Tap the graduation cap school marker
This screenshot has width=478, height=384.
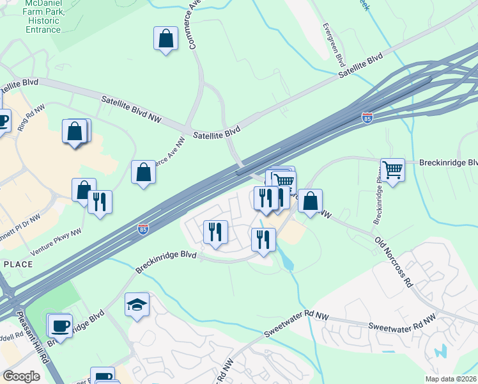click(x=137, y=306)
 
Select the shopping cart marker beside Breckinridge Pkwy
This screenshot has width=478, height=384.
click(x=392, y=170)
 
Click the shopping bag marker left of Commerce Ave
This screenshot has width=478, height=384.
click(x=166, y=38)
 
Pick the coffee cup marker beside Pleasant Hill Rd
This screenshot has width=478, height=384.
click(x=60, y=326)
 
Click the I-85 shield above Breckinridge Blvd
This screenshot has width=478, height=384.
click(x=144, y=228)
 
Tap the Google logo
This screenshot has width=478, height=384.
click(x=21, y=376)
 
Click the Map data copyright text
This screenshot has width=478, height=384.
click(x=451, y=378)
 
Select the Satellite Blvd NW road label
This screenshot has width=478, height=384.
click(x=132, y=109)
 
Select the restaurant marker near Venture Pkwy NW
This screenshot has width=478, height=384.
click(x=100, y=202)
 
